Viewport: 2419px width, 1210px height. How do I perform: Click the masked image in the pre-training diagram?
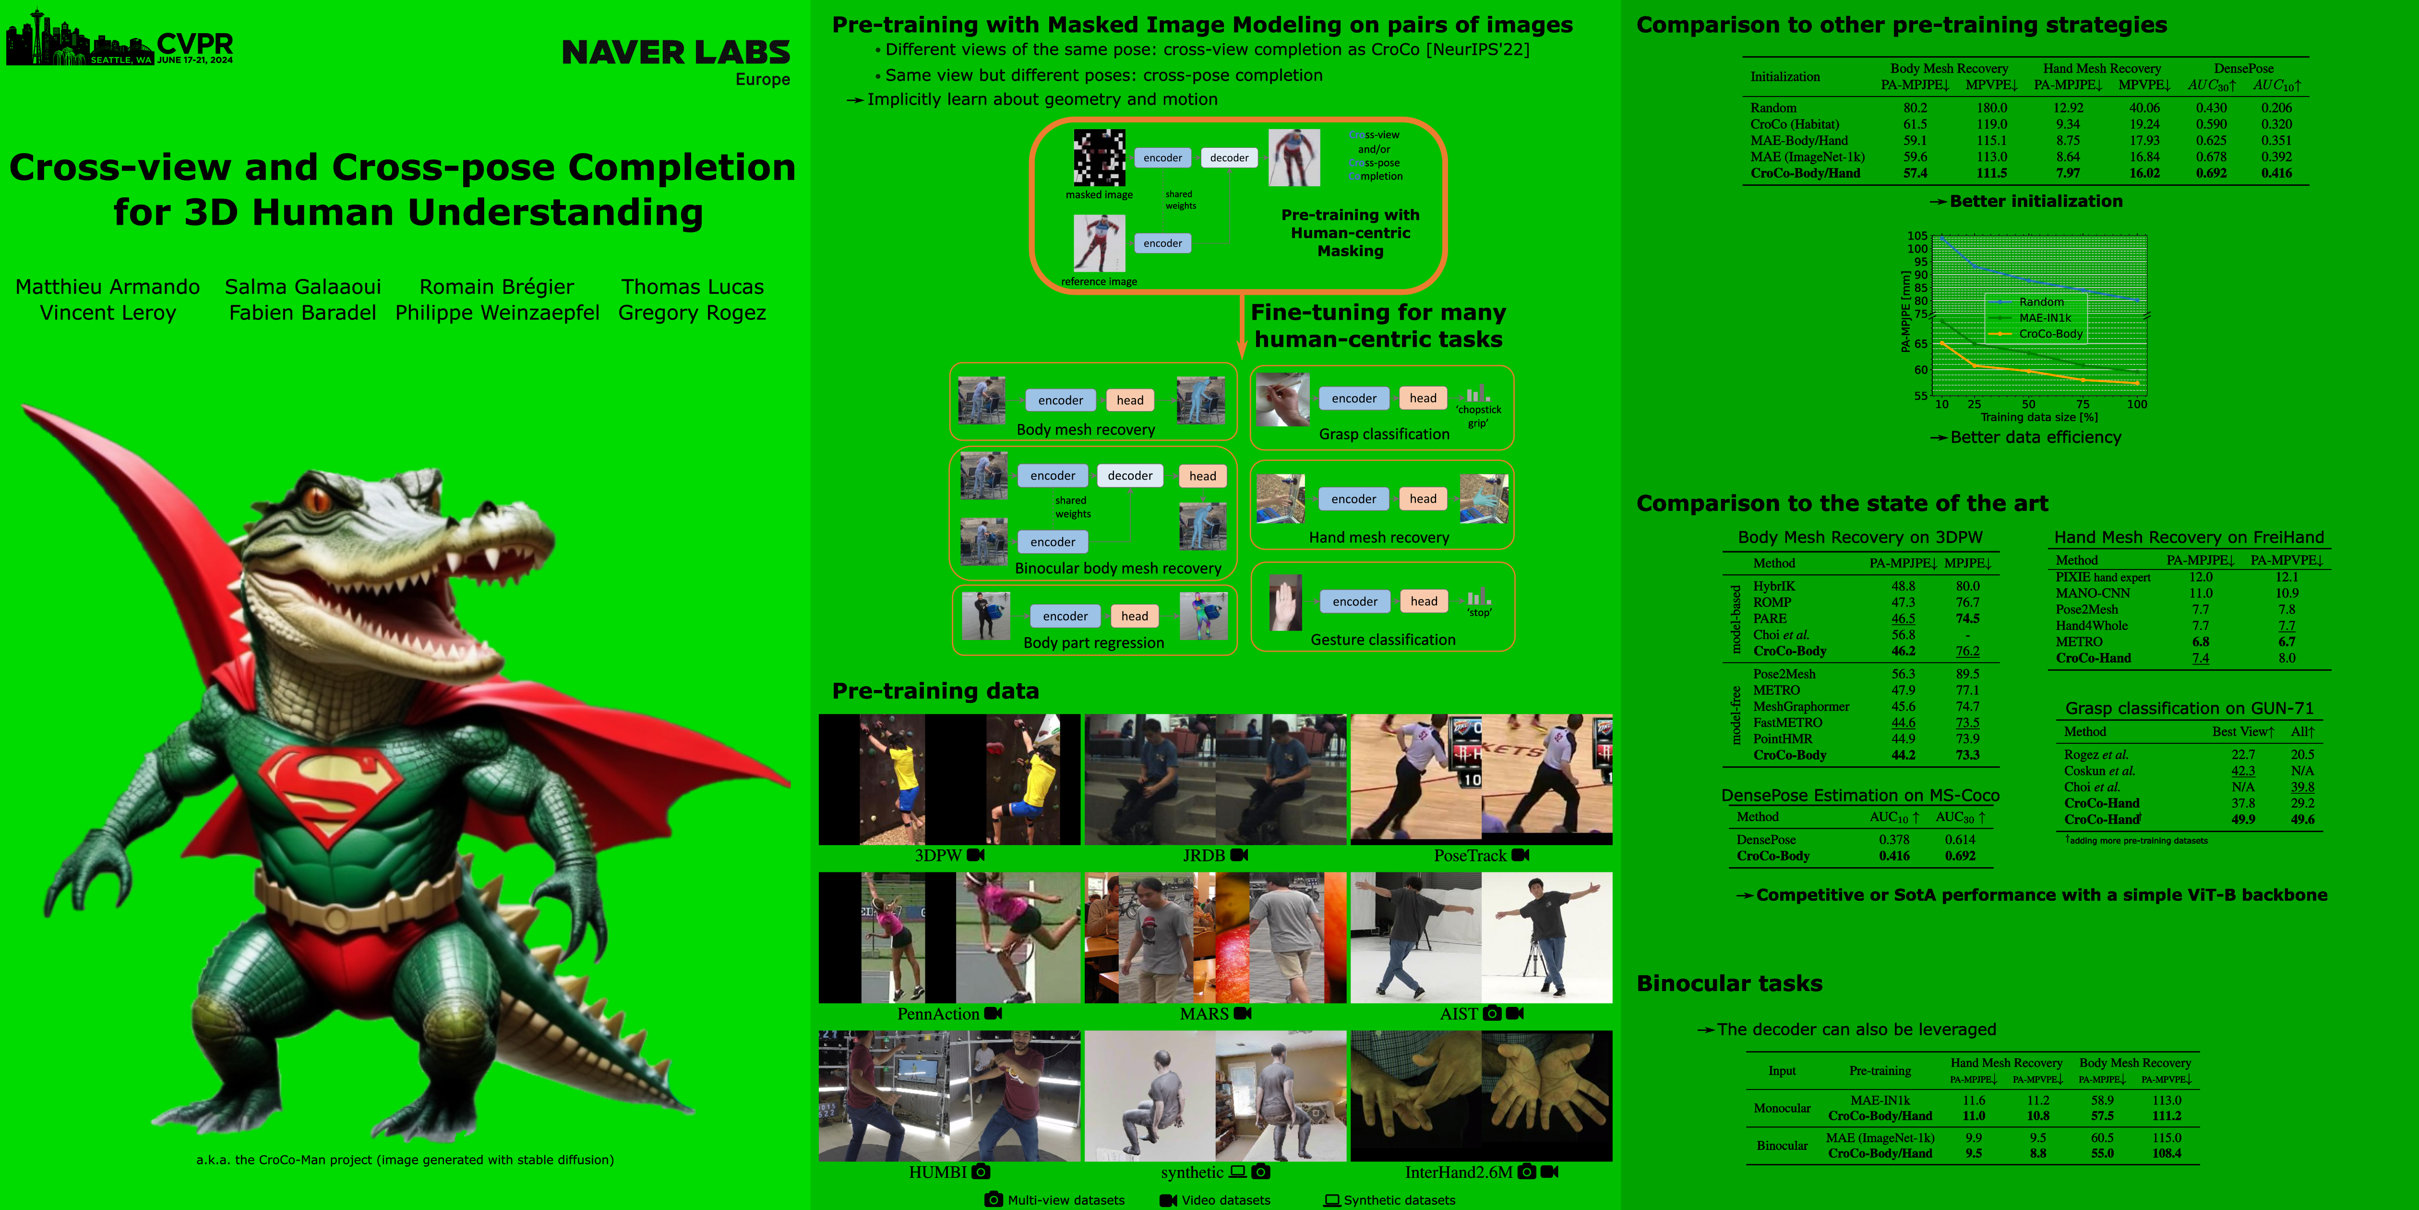point(1099,158)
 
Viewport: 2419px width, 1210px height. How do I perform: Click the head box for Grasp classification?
point(1423,399)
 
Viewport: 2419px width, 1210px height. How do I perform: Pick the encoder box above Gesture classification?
point(1354,601)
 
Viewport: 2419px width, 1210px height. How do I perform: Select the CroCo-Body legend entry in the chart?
point(2050,334)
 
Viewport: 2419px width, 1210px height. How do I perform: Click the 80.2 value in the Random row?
point(1915,108)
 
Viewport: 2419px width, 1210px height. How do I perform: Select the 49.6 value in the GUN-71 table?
point(2302,819)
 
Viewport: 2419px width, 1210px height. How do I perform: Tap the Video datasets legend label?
point(1225,1199)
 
